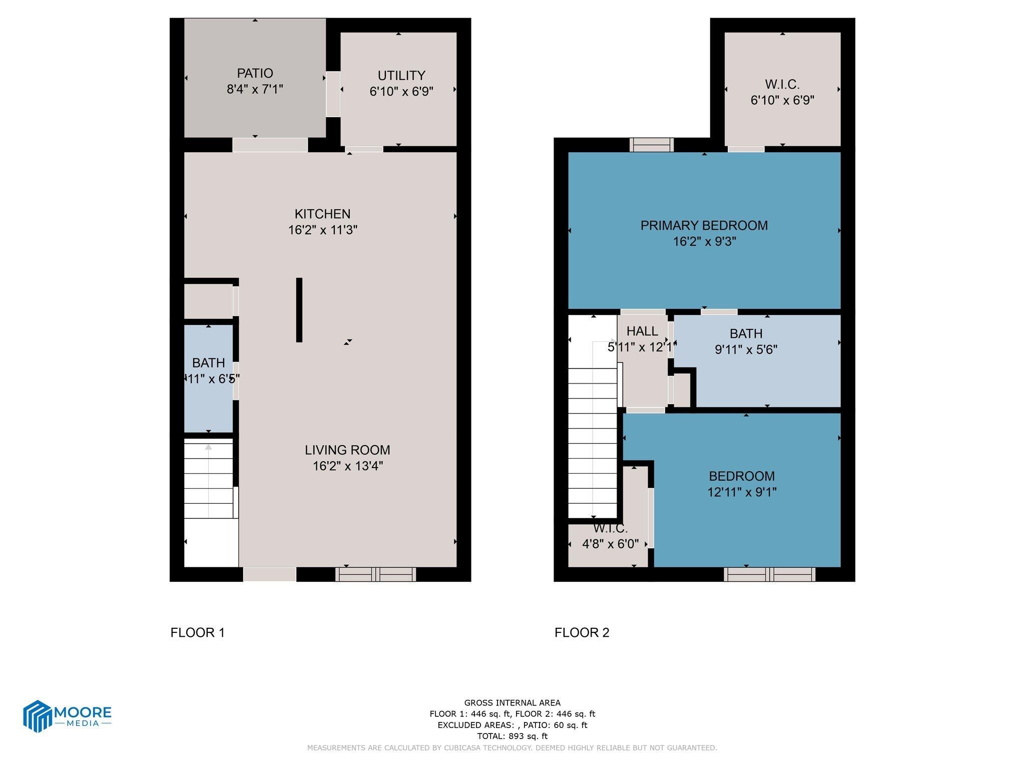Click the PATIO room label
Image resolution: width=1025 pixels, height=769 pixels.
255,73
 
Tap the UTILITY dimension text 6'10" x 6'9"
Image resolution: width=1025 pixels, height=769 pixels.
401,92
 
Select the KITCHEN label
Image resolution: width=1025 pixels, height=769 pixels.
322,214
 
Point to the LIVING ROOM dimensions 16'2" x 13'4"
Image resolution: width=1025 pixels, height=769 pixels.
347,466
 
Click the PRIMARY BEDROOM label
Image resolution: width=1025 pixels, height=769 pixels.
704,225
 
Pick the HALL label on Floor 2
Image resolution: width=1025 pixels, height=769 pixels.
642,331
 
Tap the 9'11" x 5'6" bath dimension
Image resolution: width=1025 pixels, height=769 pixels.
746,349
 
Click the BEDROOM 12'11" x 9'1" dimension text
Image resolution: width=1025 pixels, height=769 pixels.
741,492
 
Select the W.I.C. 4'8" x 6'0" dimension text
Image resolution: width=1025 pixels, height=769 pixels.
610,544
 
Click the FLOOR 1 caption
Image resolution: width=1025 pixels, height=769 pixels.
198,633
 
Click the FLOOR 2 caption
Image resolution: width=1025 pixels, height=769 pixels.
582,633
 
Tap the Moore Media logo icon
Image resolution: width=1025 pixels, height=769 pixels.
38,716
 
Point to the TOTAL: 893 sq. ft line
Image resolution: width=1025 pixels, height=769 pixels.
512,736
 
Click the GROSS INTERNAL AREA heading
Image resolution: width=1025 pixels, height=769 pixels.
512,702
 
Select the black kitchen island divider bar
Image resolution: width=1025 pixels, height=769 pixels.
299,310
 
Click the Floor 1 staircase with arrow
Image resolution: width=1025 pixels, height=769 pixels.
209,478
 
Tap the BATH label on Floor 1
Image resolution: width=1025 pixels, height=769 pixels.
208,362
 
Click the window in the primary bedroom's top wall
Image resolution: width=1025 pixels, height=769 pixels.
651,145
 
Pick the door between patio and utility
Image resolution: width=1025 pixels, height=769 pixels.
333,94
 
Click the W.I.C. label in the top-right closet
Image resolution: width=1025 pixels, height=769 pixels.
782,84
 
